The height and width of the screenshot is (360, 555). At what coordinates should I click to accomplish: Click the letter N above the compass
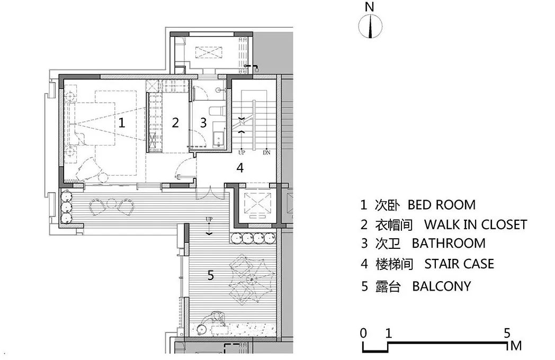pyautogui.click(x=370, y=7)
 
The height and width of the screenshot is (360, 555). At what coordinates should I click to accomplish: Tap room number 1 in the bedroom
pyautogui.click(x=122, y=123)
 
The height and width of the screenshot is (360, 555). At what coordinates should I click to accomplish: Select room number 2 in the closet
pyautogui.click(x=175, y=123)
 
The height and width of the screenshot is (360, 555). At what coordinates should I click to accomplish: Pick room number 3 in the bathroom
pyautogui.click(x=203, y=123)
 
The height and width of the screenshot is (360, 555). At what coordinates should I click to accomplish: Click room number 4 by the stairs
pyautogui.click(x=240, y=168)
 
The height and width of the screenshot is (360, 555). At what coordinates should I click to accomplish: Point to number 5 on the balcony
pyautogui.click(x=211, y=275)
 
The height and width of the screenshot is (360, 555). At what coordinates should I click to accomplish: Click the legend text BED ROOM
pyautogui.click(x=441, y=205)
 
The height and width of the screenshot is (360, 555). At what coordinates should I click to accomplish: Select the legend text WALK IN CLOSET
pyautogui.click(x=475, y=224)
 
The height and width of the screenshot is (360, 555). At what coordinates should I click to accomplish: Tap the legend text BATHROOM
pyautogui.click(x=448, y=244)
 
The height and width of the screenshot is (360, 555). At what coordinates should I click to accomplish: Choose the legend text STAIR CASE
pyautogui.click(x=459, y=264)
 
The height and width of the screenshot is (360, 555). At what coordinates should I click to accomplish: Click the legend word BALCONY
pyautogui.click(x=441, y=286)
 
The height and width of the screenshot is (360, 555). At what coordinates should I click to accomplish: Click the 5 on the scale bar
pyautogui.click(x=507, y=334)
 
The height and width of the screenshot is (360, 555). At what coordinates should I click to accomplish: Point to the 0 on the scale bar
pyautogui.click(x=363, y=334)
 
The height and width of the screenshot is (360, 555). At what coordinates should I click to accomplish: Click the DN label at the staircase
pyautogui.click(x=266, y=152)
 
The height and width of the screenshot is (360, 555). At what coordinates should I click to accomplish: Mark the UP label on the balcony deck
pyautogui.click(x=209, y=219)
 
